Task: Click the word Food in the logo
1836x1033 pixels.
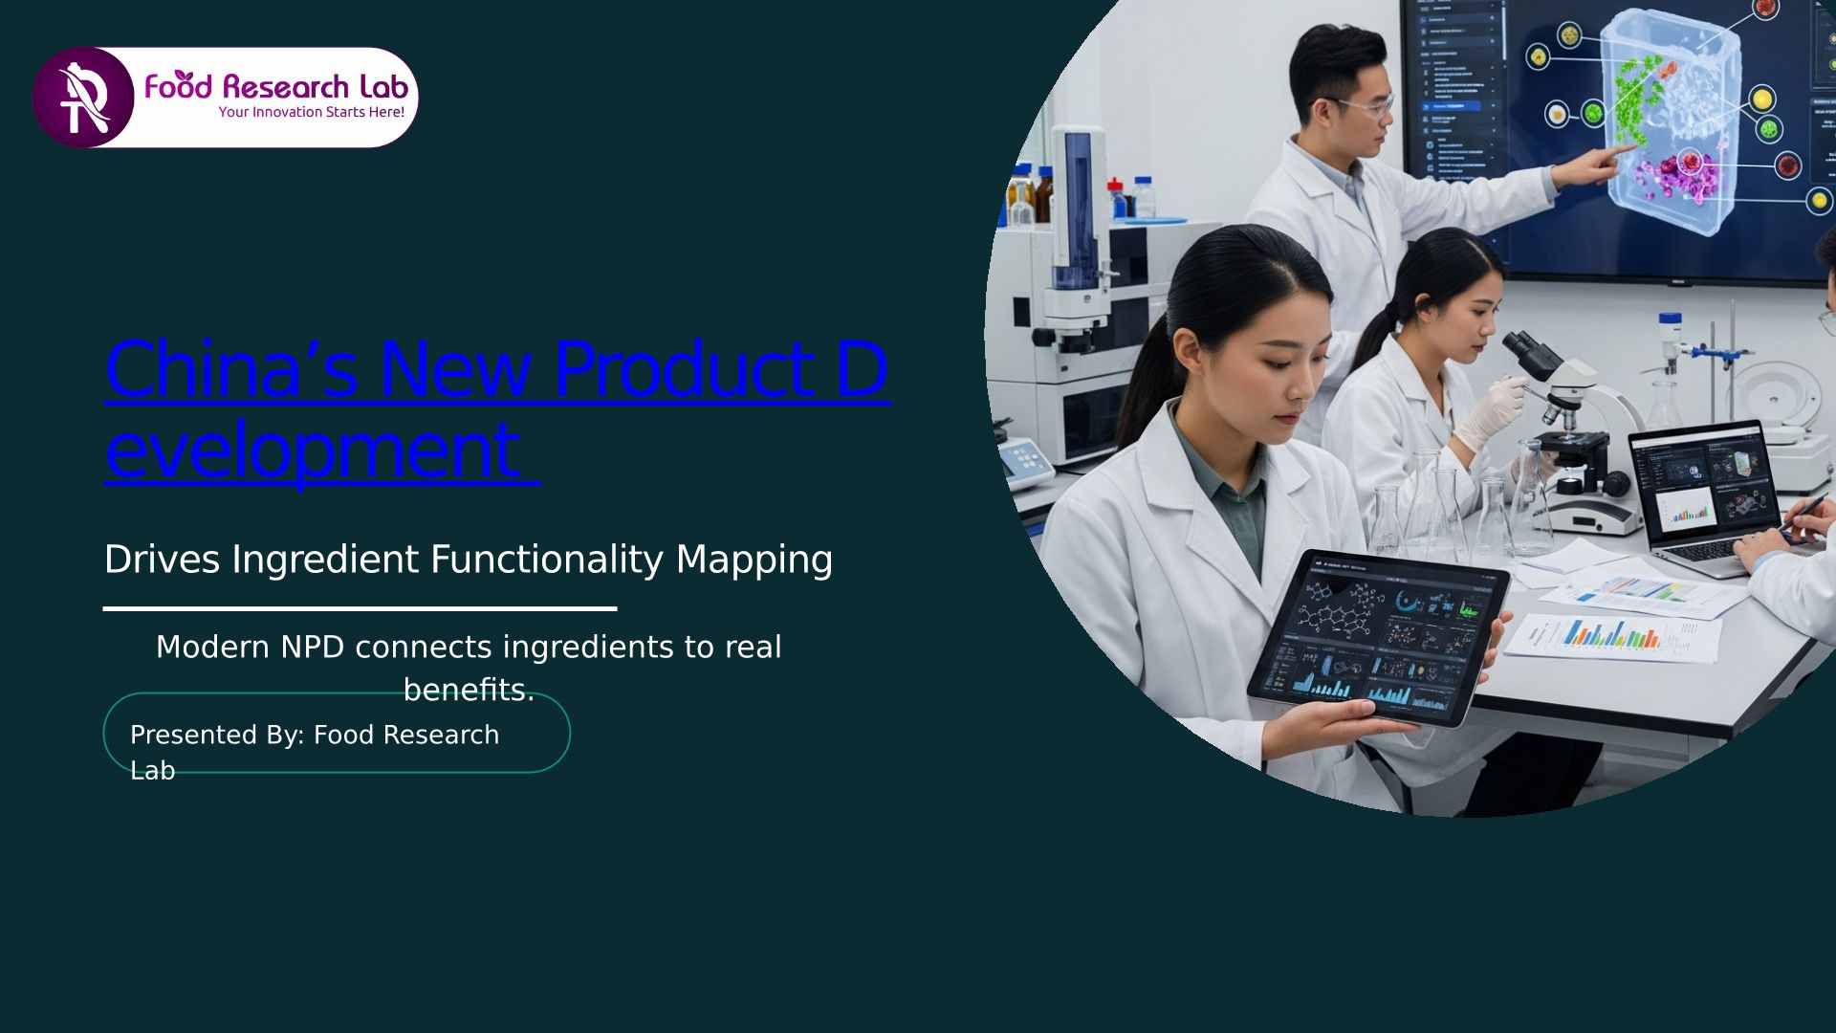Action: tap(178, 86)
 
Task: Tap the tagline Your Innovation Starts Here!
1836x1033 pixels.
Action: tap(312, 112)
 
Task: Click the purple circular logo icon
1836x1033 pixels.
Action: tap(83, 98)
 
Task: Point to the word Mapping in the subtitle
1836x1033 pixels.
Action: tap(754, 560)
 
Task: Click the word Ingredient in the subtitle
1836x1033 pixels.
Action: tap(330, 560)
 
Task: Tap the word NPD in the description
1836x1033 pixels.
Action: tap(312, 648)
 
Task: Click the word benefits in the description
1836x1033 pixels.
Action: tap(464, 690)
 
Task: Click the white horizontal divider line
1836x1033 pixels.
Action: tap(360, 608)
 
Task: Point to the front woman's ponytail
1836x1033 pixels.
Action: tap(1143, 383)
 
